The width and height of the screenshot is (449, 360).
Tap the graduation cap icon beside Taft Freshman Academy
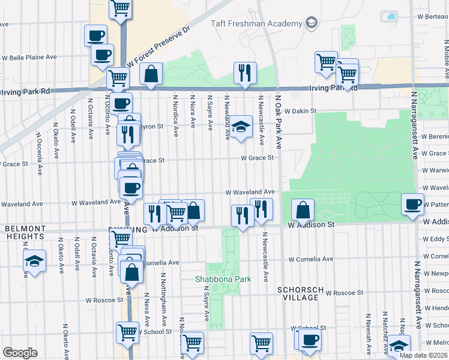311,23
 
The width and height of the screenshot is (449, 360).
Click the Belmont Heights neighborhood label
25,233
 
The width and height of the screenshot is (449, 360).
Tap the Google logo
20,353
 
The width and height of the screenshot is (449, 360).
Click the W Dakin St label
300,111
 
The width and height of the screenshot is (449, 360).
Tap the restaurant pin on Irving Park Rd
245,73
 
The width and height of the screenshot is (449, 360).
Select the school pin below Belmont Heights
34,261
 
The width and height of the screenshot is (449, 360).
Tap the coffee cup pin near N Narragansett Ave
412,205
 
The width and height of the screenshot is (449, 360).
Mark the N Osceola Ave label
39,154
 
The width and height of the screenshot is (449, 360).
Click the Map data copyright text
423,355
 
